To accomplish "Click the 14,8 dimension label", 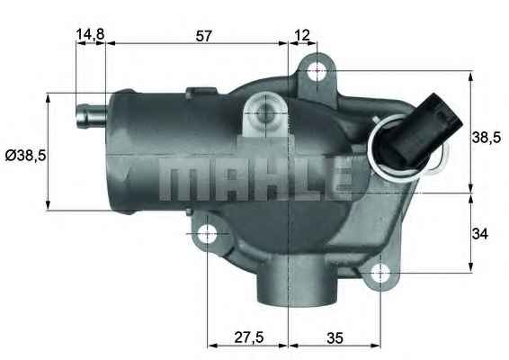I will point(90,35).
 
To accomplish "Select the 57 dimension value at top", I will point(203,35).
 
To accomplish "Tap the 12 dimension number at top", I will point(302,35).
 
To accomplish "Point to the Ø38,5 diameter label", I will point(25,155).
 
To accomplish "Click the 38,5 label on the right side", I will point(487,137).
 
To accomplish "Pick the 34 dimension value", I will point(480,234).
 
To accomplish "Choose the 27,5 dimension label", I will point(248,337).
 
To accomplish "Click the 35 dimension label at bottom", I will point(335,337).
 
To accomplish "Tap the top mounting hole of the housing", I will point(316,70).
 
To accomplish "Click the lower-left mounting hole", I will point(208,235).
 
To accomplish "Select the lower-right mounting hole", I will point(381,270).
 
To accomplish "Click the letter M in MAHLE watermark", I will point(178,181).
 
